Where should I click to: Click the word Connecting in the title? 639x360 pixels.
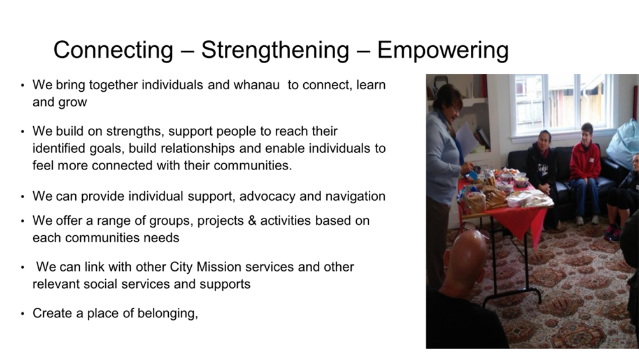click(x=113, y=50)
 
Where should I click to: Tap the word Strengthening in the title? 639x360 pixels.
click(x=275, y=50)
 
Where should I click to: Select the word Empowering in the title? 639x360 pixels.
click(x=443, y=50)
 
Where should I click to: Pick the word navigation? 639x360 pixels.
click(x=352, y=196)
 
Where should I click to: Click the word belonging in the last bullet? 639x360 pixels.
click(x=168, y=313)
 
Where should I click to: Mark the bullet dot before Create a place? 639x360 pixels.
click(x=22, y=314)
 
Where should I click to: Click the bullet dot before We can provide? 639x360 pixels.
click(x=22, y=198)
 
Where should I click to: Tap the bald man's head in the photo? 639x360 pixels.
click(x=466, y=256)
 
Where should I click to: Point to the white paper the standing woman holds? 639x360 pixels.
click(x=466, y=140)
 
